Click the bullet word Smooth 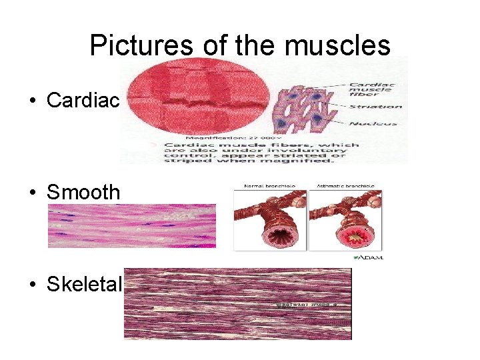click(x=83, y=192)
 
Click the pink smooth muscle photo click(x=132, y=226)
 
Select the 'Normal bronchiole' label click(x=269, y=186)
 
